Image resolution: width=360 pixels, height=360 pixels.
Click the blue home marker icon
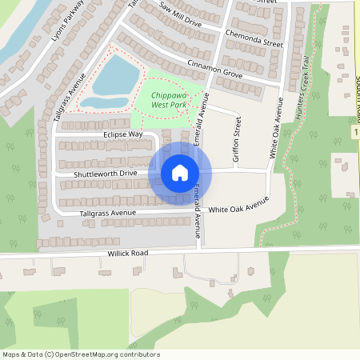pyautogui.click(x=180, y=173)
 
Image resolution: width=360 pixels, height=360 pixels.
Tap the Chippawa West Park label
pyautogui.click(x=169, y=99)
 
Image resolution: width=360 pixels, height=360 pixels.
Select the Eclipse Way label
pyautogui.click(x=122, y=134)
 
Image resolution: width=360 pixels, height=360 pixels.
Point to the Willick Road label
pyautogui.click(x=128, y=253)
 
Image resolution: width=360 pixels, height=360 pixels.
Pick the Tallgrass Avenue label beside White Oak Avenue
pyautogui.click(x=107, y=214)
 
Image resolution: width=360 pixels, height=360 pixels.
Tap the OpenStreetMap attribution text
pyautogui.click(x=81, y=354)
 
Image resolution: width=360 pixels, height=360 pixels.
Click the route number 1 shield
pyautogui.click(x=354, y=130)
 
